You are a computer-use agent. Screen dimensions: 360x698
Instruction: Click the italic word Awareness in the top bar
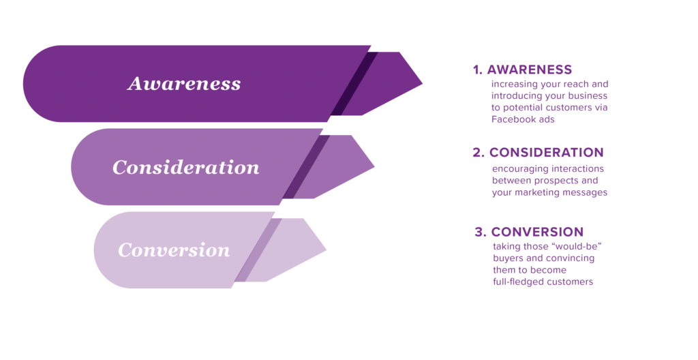(x=184, y=84)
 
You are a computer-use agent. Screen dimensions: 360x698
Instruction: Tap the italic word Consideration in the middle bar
(x=185, y=167)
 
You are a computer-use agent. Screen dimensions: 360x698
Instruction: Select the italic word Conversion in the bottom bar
(x=174, y=250)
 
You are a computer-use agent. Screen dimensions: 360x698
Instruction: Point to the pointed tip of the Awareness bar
(x=423, y=82)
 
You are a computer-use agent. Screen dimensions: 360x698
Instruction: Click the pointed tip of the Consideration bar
(x=374, y=166)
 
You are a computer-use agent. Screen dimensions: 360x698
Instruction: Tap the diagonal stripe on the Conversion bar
(x=258, y=250)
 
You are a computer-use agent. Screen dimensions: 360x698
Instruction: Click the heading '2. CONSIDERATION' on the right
(x=538, y=152)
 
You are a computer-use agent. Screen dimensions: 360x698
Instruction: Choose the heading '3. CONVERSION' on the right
(x=529, y=232)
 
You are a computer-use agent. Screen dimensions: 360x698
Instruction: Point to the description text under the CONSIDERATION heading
(x=549, y=181)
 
